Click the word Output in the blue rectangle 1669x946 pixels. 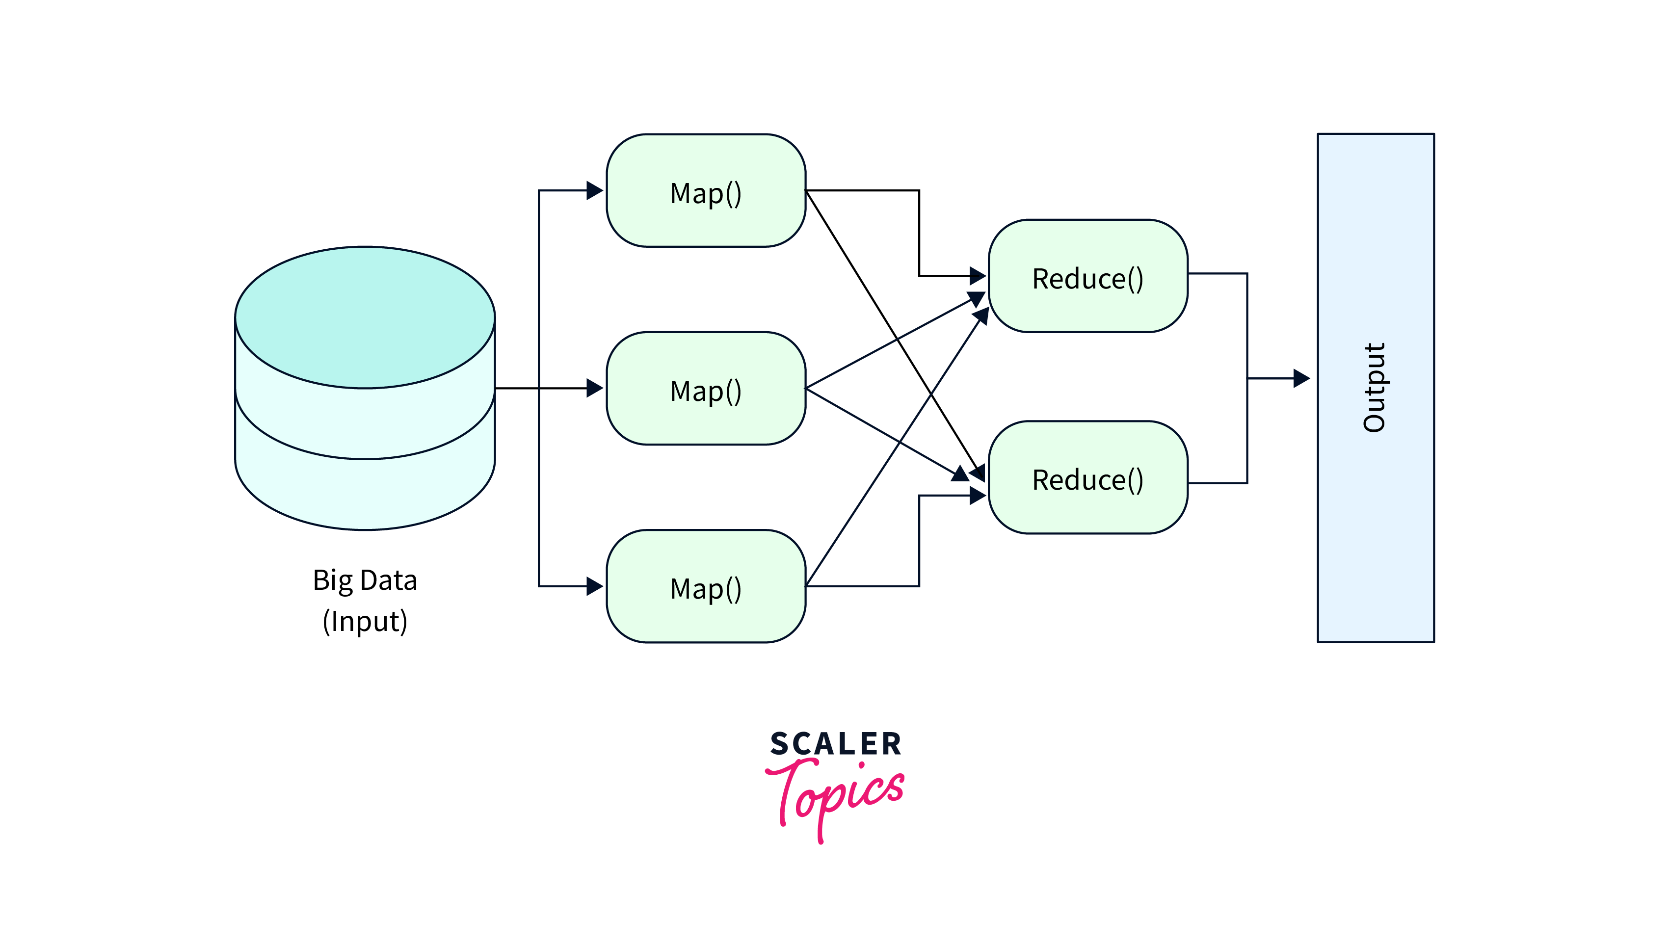tap(1374, 388)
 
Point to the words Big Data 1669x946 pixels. tap(365, 580)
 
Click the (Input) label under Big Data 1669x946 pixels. tap(365, 622)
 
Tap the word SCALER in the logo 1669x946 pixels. tap(835, 744)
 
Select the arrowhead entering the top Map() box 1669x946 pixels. tap(594, 190)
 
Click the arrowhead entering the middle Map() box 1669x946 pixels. tap(594, 388)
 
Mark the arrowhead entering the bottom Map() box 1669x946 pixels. tap(594, 586)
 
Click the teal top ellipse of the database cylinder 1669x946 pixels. tap(365, 317)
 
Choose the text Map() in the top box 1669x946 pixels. tap(706, 194)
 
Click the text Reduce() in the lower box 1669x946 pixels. tap(1087, 480)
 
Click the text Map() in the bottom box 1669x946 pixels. tap(706, 589)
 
